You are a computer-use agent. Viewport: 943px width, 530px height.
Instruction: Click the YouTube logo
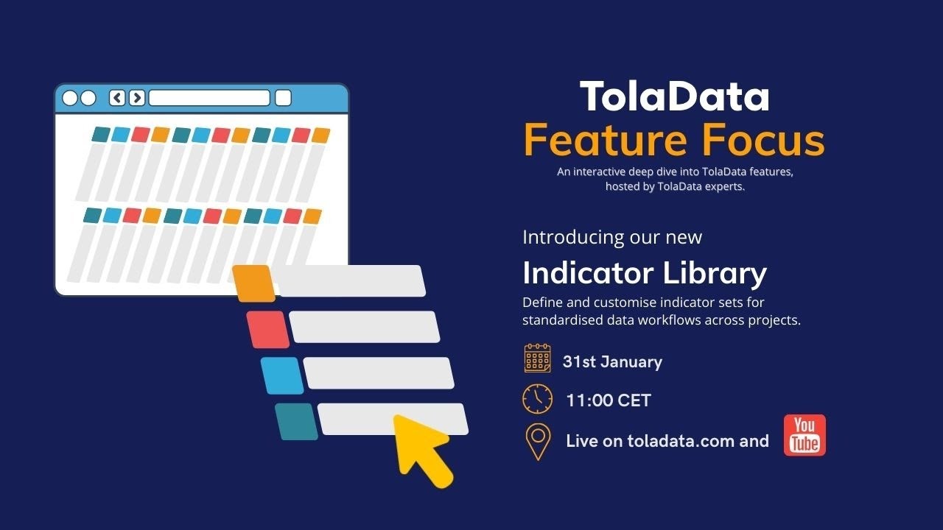point(804,435)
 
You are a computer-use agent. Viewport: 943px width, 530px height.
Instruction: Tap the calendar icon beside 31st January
point(537,358)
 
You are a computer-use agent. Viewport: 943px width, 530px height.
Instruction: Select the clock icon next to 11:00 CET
point(537,399)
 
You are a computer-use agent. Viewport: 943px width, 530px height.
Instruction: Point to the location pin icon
point(538,442)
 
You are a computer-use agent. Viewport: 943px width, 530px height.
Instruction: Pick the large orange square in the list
point(253,283)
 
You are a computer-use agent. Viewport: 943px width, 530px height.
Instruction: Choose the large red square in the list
point(267,329)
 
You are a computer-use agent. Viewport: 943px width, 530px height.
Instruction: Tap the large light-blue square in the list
point(281,375)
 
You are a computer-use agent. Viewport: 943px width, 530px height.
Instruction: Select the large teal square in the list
point(296,422)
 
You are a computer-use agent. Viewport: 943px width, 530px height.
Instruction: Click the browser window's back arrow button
point(117,98)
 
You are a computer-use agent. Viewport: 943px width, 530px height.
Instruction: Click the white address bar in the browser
point(209,98)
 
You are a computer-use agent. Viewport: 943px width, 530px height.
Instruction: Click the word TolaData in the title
point(674,97)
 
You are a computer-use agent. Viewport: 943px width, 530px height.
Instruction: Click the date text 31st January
point(612,361)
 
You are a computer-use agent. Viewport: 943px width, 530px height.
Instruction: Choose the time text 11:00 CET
point(609,400)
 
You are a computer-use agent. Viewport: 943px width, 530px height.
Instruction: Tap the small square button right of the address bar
point(283,98)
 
